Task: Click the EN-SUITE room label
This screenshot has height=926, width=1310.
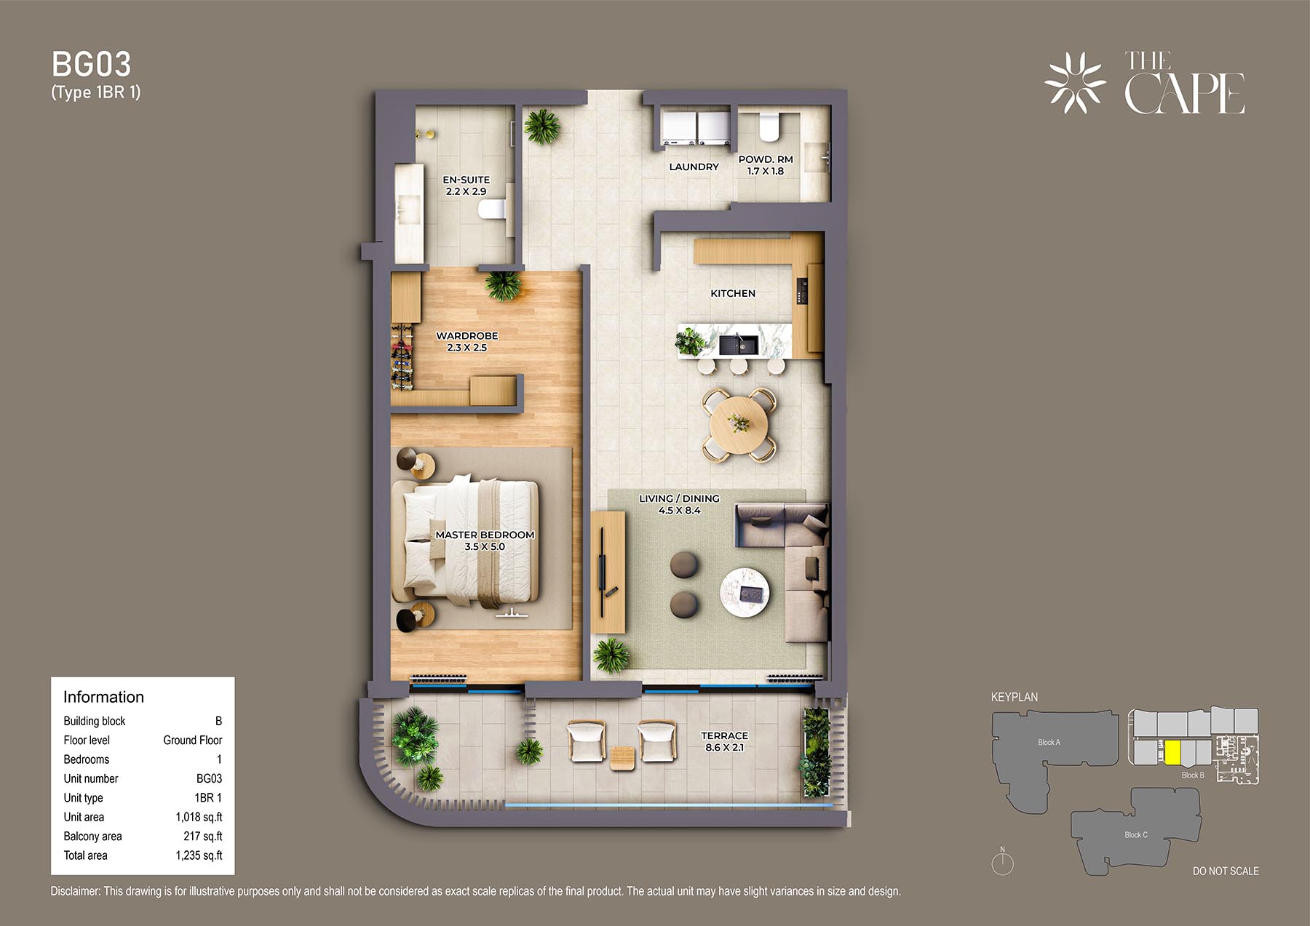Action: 467,180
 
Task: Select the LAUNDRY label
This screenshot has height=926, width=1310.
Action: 694,167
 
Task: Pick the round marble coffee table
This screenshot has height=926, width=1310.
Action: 745,594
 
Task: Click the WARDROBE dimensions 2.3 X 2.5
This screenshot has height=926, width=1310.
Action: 467,348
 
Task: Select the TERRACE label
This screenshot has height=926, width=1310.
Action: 724,735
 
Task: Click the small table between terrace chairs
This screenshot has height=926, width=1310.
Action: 622,758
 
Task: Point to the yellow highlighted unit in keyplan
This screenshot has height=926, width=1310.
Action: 1172,752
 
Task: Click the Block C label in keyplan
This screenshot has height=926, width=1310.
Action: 1136,834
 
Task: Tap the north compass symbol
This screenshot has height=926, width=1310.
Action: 1003,862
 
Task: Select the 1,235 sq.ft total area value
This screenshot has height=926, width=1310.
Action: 199,855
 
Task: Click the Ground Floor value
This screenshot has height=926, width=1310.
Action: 193,740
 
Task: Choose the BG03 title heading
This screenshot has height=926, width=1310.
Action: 92,65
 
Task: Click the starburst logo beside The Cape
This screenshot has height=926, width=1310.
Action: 1076,82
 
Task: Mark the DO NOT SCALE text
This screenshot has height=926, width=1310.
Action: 1226,871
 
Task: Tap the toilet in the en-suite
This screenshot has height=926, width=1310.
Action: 493,209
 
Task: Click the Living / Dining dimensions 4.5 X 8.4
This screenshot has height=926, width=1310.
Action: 679,511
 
